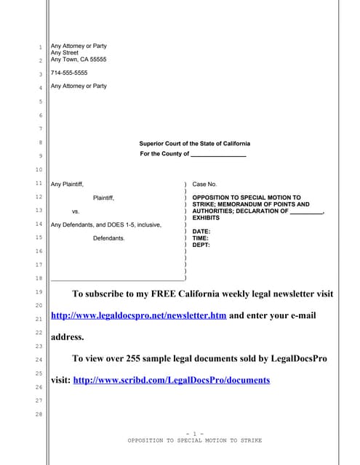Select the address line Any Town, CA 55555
coord(79,59)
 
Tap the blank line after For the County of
coord(217,155)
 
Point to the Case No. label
coord(204,185)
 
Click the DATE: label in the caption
coord(201,231)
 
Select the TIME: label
coord(201,238)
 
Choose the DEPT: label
coord(201,245)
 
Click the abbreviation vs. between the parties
coord(76,211)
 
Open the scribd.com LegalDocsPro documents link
coord(172,380)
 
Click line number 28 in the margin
coord(41,414)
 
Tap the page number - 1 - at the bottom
coord(194,434)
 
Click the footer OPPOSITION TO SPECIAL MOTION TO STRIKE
coord(194,441)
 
